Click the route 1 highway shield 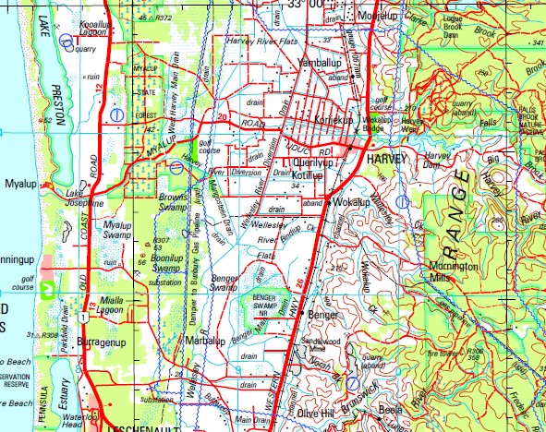click(83, 318)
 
